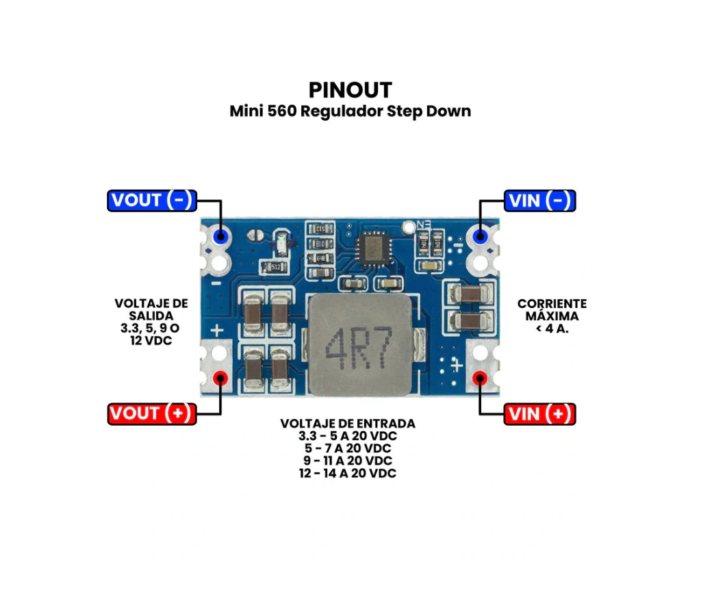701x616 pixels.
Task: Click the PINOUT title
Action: [350, 90]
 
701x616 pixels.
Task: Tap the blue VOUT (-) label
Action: [152, 201]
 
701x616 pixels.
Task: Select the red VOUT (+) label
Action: [152, 413]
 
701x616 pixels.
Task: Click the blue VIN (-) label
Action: [539, 201]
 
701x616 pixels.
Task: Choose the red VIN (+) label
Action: [539, 414]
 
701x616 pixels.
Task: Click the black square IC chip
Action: [373, 248]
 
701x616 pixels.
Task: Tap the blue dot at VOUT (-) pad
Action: [220, 236]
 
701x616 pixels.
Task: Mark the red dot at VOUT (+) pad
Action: [220, 378]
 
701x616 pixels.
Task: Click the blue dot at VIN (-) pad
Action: [480, 237]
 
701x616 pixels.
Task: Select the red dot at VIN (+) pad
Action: [480, 378]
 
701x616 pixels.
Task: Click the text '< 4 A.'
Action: [552, 329]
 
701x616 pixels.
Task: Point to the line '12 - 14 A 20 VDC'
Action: [348, 473]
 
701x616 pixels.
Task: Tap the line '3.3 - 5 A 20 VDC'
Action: [348, 436]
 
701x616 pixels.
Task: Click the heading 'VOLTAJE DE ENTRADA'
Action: [348, 424]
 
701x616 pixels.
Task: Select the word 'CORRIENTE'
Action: [552, 304]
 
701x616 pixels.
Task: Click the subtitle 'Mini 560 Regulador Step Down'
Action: [350, 111]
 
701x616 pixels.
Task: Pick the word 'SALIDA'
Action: [149, 316]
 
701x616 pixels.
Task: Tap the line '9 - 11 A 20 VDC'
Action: [348, 461]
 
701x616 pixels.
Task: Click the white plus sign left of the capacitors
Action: [217, 331]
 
